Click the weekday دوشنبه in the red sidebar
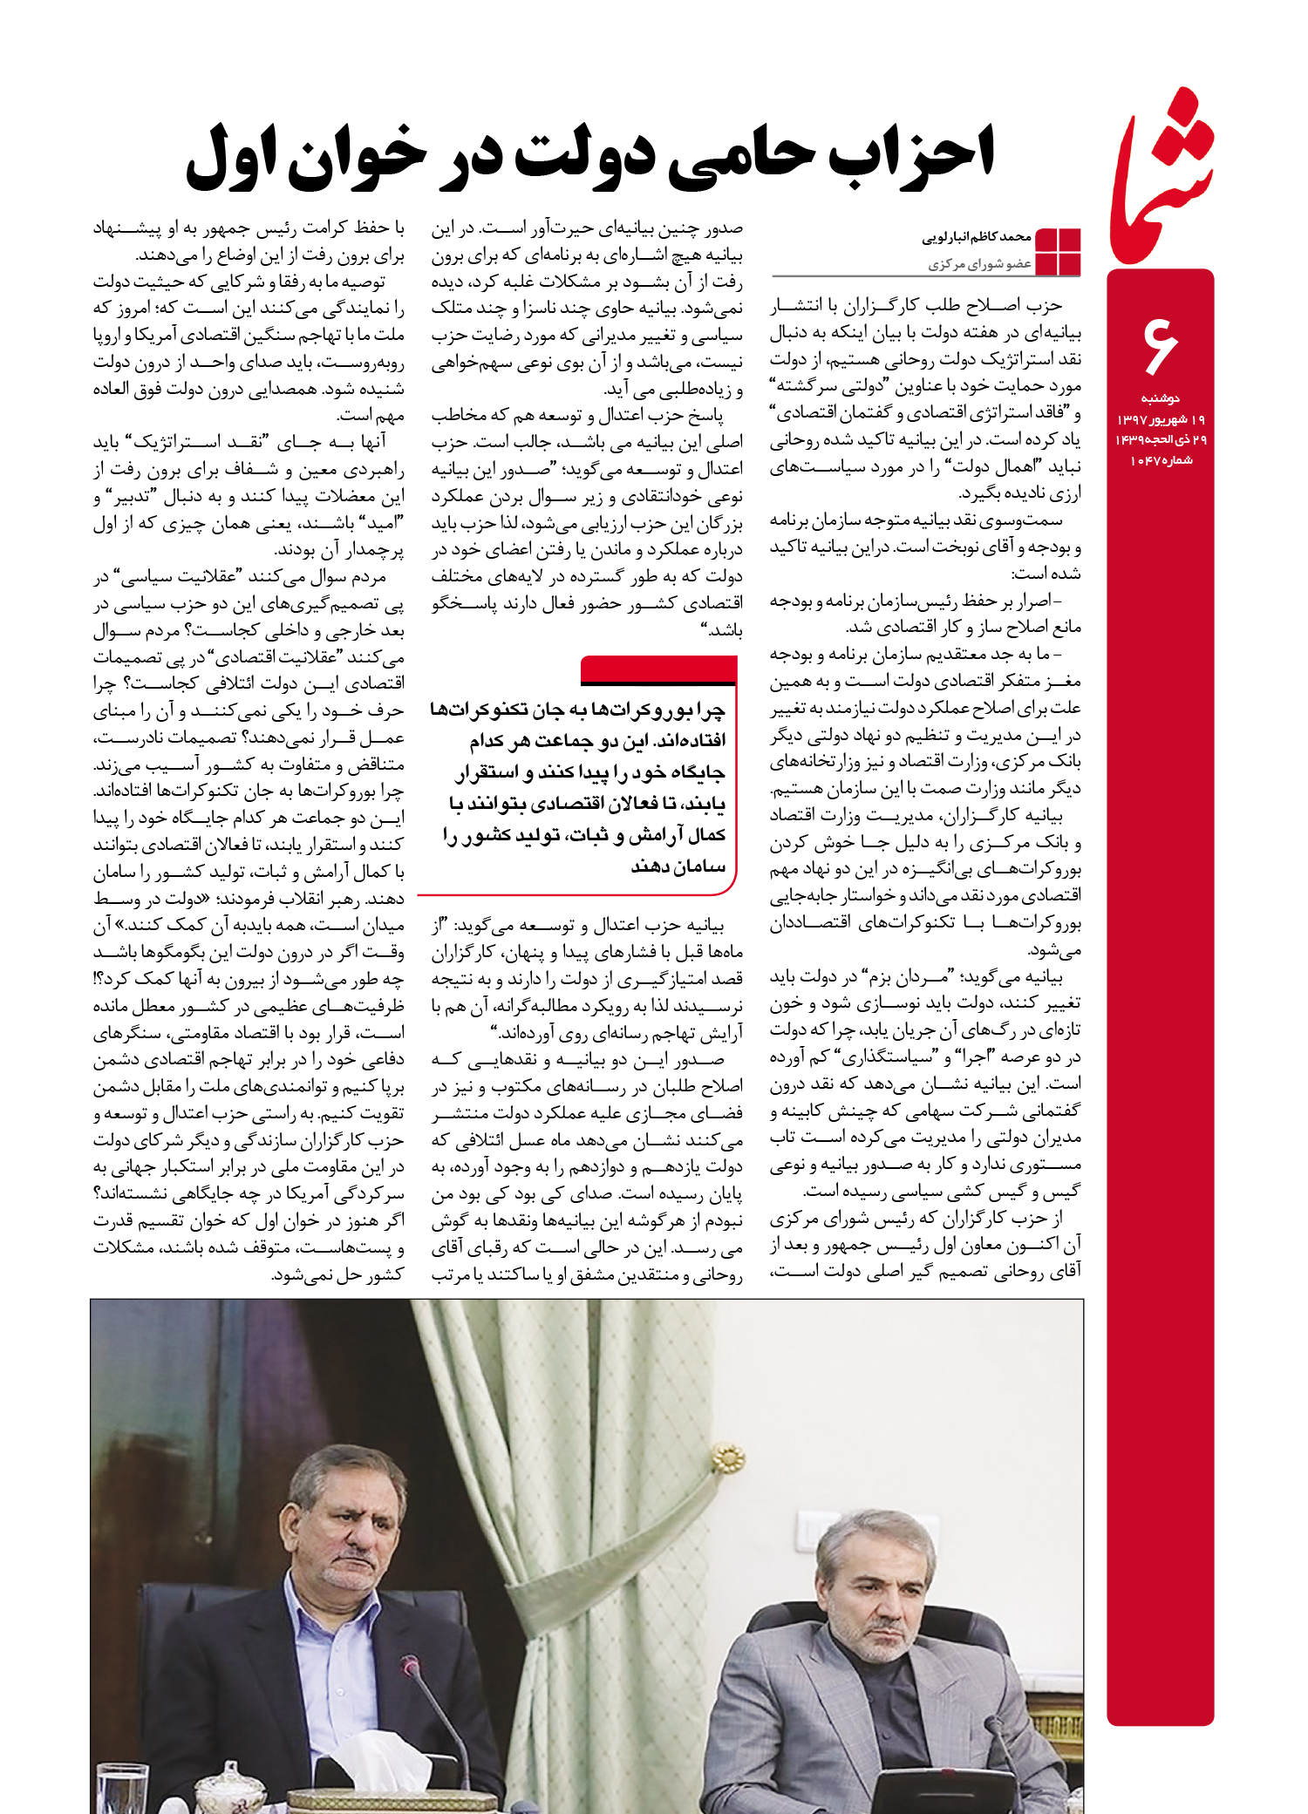point(1160,398)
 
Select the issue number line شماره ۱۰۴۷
point(1161,460)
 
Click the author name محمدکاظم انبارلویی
point(977,237)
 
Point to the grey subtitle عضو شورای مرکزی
point(980,263)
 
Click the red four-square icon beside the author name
point(1057,252)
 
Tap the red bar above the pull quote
point(658,669)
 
